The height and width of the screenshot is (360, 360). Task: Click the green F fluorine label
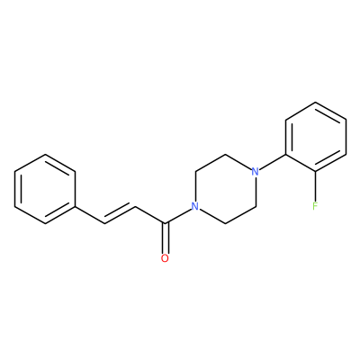tap(315, 206)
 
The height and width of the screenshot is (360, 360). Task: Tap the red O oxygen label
tap(165, 258)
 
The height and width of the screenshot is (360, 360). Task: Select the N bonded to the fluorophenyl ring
tap(255, 172)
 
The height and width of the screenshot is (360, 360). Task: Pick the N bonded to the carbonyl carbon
tap(195, 206)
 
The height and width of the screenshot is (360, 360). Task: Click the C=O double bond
tap(165, 238)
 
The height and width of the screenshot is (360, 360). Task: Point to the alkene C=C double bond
tap(120, 215)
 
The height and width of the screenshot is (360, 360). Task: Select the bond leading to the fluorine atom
tap(315, 186)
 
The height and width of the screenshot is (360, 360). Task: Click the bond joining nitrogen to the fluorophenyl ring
tap(273, 162)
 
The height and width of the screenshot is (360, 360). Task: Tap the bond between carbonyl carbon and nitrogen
tap(178, 216)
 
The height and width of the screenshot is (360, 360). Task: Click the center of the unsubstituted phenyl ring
tap(45, 189)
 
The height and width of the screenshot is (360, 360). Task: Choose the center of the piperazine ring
tap(225, 189)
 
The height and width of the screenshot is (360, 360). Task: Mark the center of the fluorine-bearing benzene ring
tap(316, 137)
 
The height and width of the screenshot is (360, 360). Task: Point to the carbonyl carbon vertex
tap(165, 223)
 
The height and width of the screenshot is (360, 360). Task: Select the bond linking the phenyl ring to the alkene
tap(90, 215)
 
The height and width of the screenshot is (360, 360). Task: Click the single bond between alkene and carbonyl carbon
tap(150, 215)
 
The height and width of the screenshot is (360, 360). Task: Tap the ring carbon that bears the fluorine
tap(315, 172)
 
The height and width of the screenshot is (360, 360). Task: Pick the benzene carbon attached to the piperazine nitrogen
tap(285, 155)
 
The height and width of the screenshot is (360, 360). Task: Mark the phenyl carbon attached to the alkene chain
tap(75, 206)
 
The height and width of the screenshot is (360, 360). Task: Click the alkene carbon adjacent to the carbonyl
tap(135, 206)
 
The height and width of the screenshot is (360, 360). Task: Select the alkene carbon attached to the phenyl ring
tap(104, 223)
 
